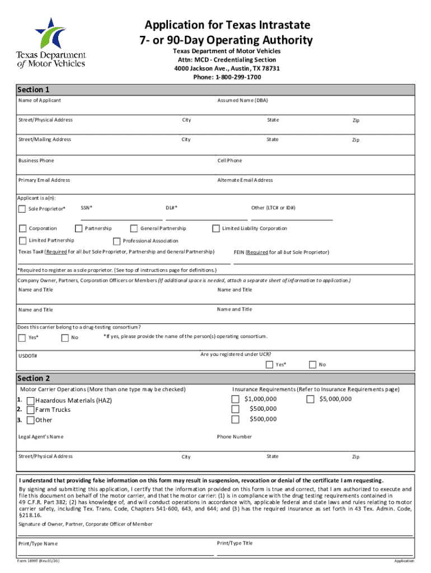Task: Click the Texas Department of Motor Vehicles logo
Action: tap(51, 43)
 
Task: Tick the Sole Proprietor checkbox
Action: tap(22, 209)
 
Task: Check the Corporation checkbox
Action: tap(22, 228)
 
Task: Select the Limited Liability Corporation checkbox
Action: tap(215, 228)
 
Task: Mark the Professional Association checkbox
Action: tap(116, 241)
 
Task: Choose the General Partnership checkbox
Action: tap(134, 228)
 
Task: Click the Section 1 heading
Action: tap(34, 90)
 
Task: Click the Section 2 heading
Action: tap(34, 378)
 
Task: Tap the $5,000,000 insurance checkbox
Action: tap(310, 399)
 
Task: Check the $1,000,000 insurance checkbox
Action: tap(235, 399)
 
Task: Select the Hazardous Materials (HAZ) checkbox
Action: tap(30, 400)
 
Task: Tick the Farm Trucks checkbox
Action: tap(30, 410)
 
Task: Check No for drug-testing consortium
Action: tap(65, 337)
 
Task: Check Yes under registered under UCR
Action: tap(269, 365)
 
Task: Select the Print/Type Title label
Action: tap(235, 543)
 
